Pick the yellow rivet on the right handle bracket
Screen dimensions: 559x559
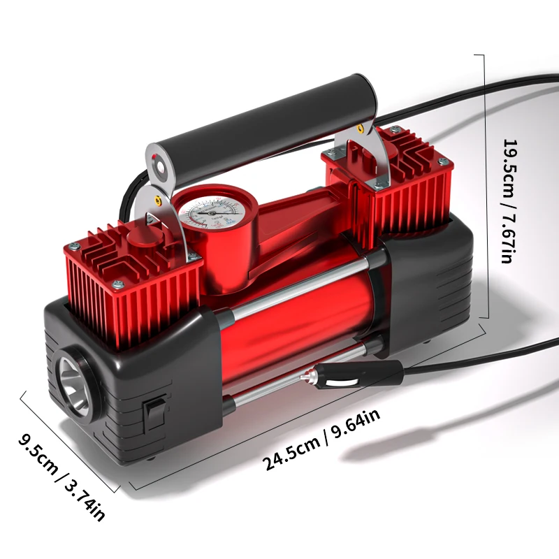click(359, 129)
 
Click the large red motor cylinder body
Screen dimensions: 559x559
click(293, 328)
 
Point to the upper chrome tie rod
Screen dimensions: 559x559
click(300, 289)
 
